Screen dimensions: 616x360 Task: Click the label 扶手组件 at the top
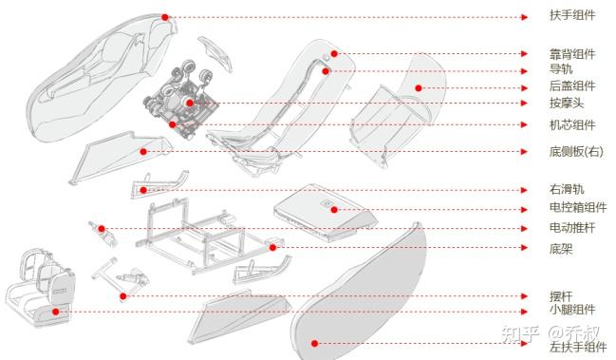tap(572, 15)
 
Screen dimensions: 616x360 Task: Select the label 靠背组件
tap(572, 54)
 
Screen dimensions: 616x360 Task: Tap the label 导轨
tap(561, 68)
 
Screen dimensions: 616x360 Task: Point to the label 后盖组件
tap(572, 85)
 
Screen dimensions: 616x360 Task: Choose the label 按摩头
tap(567, 103)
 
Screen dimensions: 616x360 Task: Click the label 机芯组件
tap(572, 125)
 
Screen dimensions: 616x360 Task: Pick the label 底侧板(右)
tap(576, 151)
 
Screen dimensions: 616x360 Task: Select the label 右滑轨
tap(567, 189)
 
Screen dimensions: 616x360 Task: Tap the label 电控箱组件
tap(578, 207)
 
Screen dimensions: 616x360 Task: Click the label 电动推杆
tap(572, 228)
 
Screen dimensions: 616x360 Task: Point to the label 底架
tap(561, 248)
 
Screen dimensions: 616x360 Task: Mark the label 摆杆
tap(561, 296)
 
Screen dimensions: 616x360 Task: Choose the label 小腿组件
tap(572, 310)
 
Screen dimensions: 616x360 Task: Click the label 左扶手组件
tap(578, 347)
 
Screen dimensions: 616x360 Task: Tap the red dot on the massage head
tap(190, 103)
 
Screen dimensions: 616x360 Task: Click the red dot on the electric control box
tap(334, 210)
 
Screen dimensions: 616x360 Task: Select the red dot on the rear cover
tap(419, 88)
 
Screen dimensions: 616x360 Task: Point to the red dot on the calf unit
tap(56, 312)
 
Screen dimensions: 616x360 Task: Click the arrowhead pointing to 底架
tap(524, 247)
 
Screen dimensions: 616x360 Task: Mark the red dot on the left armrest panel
tap(314, 344)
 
